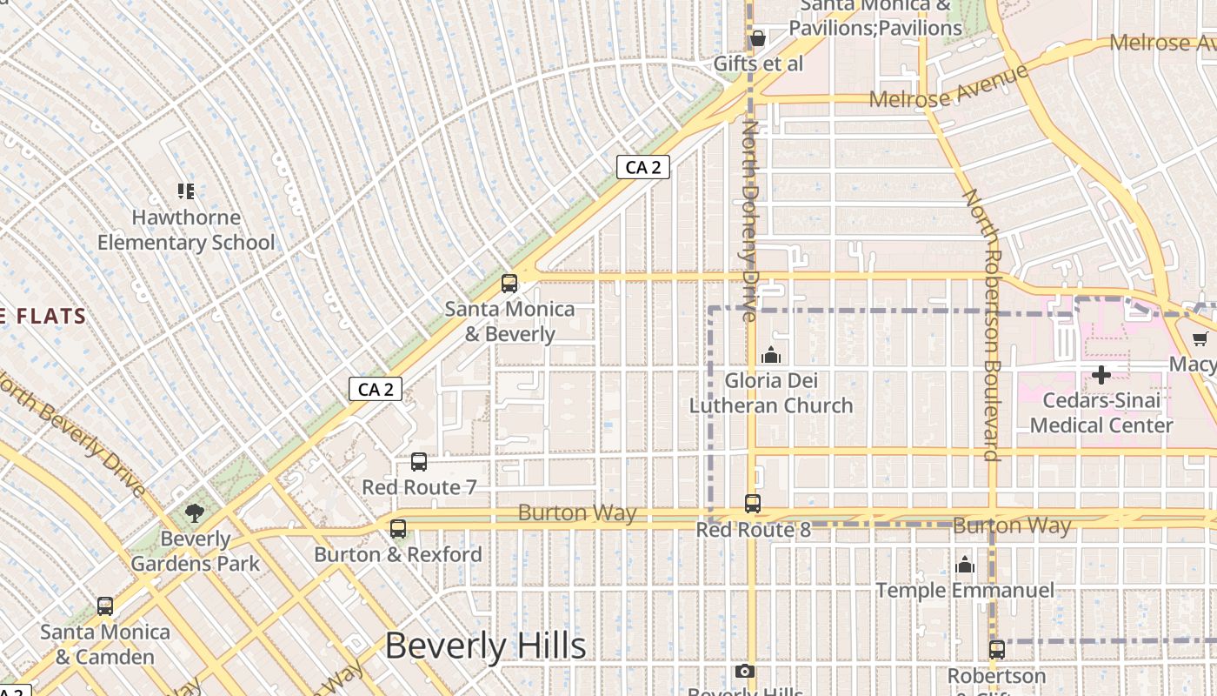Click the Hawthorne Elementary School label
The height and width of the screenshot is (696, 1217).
pos(185,230)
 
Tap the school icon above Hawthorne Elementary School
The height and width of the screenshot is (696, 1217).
pos(185,191)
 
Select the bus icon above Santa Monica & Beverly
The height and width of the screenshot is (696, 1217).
pos(509,283)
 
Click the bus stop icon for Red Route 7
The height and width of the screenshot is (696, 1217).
pos(419,462)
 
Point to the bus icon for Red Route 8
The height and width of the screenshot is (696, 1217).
pos(753,504)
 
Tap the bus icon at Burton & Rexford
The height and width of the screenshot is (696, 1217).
pos(398,528)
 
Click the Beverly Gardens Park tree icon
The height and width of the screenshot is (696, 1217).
pos(195,513)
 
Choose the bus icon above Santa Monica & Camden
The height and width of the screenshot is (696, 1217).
pos(105,606)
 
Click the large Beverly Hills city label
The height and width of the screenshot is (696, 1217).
pos(485,646)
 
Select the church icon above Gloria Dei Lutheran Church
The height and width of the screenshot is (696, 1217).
pos(770,355)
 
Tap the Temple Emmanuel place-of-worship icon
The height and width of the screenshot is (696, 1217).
pos(964,565)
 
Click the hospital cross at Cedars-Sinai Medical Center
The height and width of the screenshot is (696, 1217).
pos(1101,376)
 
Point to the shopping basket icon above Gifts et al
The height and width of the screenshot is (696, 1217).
pos(757,38)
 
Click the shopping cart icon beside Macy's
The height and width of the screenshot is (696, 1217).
pos(1200,338)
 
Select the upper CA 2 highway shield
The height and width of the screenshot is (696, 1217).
pos(643,167)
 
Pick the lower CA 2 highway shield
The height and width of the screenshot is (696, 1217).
pos(376,389)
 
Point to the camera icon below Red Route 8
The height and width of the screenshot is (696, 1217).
pos(744,671)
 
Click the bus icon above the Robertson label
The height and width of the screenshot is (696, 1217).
pos(997,649)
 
